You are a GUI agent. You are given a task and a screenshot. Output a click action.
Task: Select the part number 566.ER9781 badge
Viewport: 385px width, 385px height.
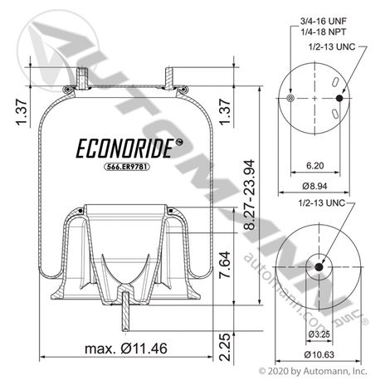127,167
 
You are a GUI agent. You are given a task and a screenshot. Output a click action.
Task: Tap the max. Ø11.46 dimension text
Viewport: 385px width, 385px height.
126,348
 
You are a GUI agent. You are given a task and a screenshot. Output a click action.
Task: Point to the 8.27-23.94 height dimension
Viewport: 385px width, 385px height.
250,195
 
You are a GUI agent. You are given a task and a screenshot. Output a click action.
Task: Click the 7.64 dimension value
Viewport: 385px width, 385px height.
225,265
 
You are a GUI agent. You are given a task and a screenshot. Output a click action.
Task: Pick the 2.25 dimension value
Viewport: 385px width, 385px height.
224,347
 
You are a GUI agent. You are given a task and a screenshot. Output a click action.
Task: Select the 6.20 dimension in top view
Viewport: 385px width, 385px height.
315,165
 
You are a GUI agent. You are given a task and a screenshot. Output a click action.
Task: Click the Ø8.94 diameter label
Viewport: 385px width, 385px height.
314,186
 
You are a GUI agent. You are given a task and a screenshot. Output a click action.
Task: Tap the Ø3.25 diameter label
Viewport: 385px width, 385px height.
319,334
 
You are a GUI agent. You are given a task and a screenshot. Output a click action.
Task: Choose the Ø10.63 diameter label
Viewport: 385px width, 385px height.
319,354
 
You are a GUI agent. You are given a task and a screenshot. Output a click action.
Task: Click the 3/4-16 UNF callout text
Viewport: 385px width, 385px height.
324,21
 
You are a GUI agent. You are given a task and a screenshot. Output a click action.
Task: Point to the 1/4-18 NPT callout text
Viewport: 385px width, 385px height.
324,32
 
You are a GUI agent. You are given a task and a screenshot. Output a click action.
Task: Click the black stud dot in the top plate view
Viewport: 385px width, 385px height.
339,98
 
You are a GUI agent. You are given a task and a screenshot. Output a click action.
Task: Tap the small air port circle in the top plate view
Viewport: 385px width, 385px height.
290,98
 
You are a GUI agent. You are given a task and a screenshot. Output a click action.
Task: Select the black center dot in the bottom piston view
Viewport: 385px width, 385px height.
319,267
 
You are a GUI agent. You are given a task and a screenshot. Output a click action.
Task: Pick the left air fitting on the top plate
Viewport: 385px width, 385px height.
82,78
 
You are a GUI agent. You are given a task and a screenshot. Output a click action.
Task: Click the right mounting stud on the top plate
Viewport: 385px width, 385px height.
169,78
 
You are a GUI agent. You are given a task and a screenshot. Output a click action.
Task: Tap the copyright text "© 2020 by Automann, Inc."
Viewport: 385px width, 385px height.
313,371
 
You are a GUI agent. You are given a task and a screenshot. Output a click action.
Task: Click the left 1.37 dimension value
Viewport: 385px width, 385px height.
22,112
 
